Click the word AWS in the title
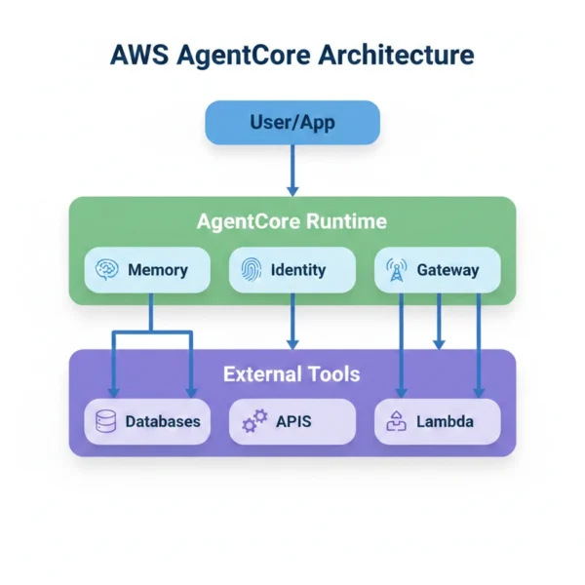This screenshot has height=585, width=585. tap(139, 54)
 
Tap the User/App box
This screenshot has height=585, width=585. tap(292, 123)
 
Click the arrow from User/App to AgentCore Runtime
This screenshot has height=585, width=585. tap(292, 170)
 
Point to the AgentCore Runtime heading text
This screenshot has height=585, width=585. tap(292, 221)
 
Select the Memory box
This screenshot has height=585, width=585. tap(147, 270)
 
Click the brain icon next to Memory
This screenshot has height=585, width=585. tap(107, 270)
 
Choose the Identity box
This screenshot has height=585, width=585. tap(292, 270)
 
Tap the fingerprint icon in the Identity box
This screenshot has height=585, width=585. tap(252, 270)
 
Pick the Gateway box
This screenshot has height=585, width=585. tap(437, 270)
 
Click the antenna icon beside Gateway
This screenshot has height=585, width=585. tap(396, 270)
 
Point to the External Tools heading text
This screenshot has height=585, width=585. tap(292, 374)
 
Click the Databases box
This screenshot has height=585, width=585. tap(147, 421)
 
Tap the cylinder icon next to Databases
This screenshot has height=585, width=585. tap(106, 421)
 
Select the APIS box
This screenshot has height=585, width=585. tap(292, 421)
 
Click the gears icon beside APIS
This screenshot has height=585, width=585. tap(253, 421)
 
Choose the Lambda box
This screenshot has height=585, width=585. tap(437, 421)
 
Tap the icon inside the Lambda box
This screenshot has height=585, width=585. tap(396, 421)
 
